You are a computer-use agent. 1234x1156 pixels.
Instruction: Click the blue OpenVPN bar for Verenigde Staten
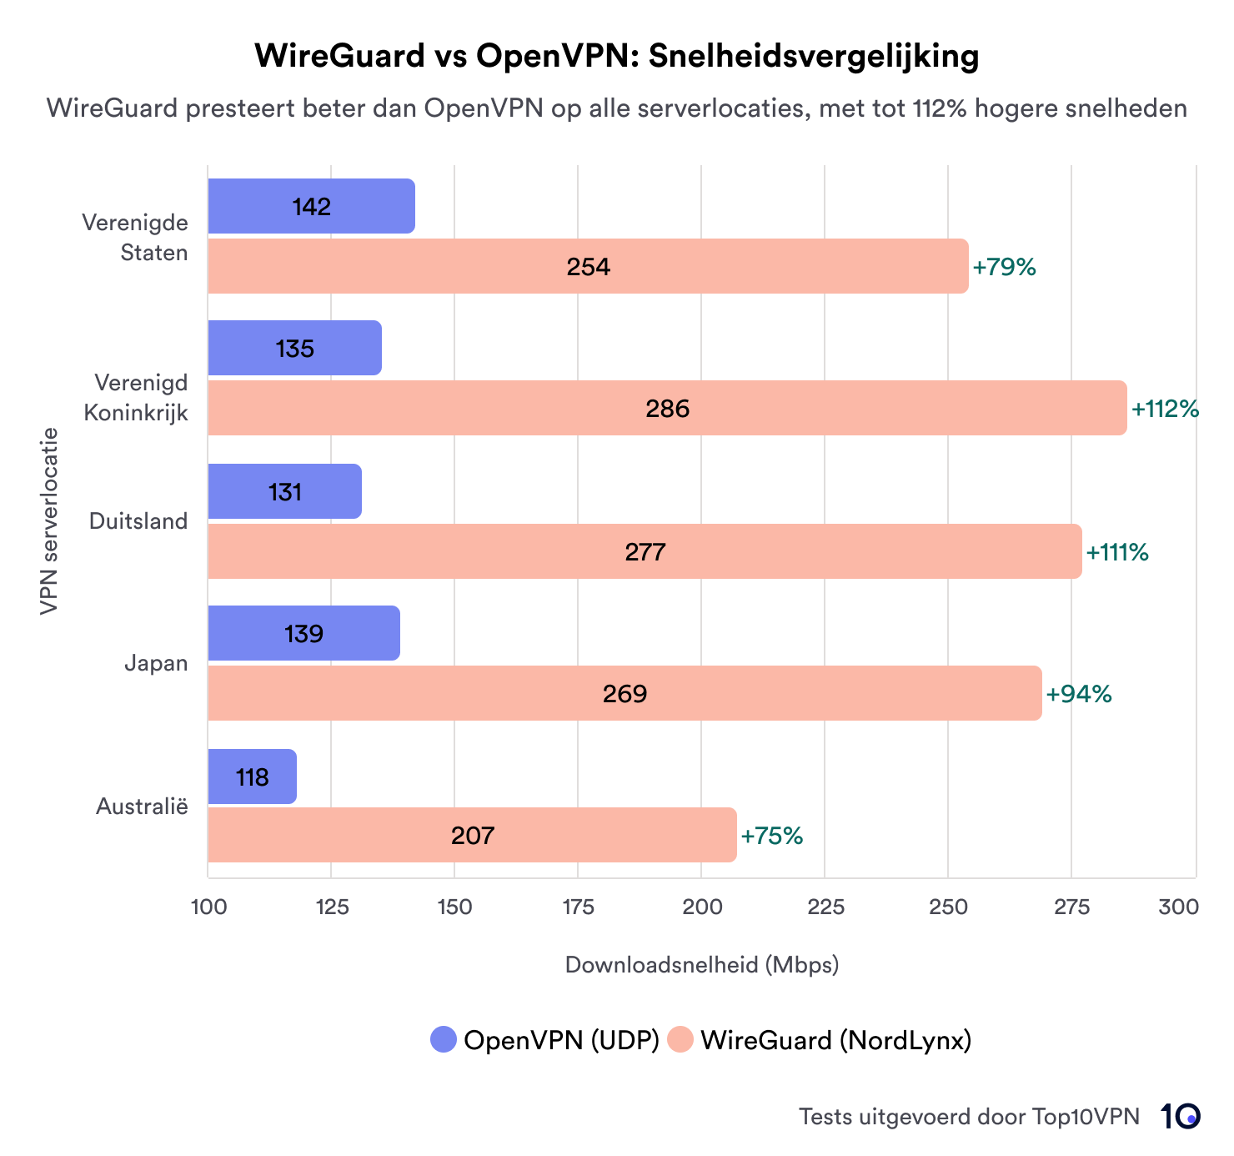tap(311, 206)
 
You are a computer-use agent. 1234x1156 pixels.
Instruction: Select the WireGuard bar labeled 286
tap(667, 408)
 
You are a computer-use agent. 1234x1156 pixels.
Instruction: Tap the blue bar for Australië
tap(252, 777)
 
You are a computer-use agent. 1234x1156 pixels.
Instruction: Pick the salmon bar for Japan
tap(625, 693)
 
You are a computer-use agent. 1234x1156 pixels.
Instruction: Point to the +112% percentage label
tap(1165, 409)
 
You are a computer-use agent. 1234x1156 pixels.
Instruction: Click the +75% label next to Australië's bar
tap(771, 836)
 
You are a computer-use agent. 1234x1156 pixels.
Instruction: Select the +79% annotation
tap(1004, 267)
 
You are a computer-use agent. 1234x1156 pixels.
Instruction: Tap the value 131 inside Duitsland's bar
tap(284, 492)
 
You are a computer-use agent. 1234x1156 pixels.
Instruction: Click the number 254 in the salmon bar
tap(588, 267)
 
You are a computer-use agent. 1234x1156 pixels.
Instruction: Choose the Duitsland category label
tap(138, 521)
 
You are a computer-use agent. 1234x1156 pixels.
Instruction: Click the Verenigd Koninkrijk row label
tap(137, 398)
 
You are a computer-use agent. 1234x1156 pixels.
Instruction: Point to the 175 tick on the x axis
tap(578, 907)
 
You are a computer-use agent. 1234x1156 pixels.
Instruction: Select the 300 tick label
tap(1178, 907)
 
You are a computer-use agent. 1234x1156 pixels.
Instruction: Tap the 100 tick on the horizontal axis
tap(208, 907)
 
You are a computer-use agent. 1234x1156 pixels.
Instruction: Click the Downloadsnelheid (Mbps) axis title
tap(702, 965)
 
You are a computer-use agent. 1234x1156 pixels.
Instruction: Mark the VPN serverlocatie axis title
tap(49, 521)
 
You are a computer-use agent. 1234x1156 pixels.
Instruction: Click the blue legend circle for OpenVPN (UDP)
tap(444, 1039)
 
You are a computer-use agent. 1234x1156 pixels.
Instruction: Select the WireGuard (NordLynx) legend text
tap(835, 1040)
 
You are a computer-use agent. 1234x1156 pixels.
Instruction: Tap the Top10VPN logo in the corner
tap(1180, 1116)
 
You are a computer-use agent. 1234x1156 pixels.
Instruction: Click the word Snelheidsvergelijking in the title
tap(814, 56)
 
